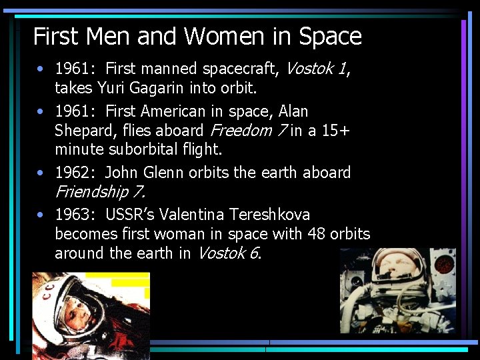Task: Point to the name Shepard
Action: pos(84,130)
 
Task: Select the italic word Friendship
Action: pos(91,192)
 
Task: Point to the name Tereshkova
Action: pos(271,215)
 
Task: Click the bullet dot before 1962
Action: pos(41,173)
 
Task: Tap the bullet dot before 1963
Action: pos(41,215)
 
